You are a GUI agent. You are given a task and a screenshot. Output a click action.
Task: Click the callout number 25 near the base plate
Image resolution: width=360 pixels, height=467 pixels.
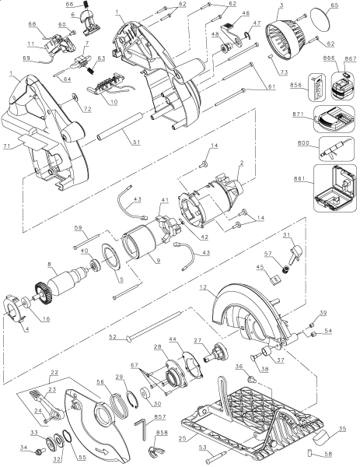tap(182, 440)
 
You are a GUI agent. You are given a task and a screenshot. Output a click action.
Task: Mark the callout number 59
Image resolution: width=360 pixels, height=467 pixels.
tap(77, 227)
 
